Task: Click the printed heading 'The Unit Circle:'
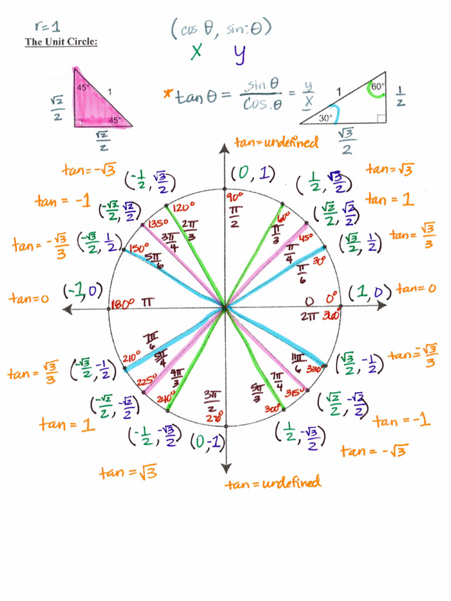(60, 42)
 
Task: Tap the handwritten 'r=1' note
(48, 26)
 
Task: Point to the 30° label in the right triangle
(325, 117)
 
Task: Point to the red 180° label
(122, 304)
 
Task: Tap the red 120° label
(183, 208)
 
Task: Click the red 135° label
(157, 224)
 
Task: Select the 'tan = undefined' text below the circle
(274, 484)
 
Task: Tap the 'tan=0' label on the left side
(28, 298)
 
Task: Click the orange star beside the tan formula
(169, 93)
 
